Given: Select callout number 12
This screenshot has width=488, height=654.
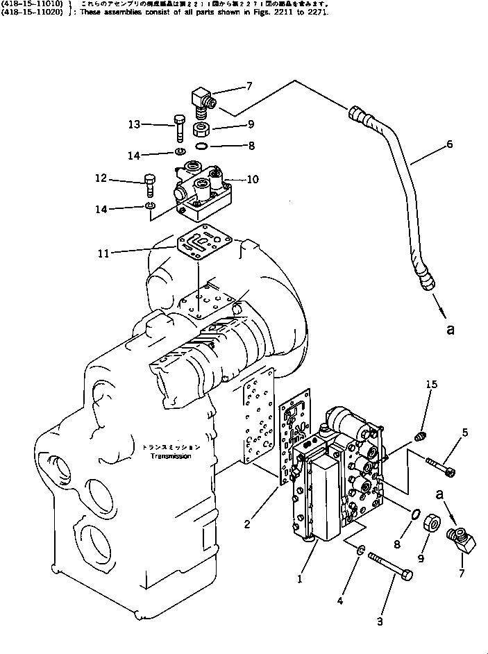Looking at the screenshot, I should [x=101, y=179].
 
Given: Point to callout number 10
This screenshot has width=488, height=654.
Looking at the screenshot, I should [x=253, y=179].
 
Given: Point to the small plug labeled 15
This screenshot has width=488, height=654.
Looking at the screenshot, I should [x=420, y=437].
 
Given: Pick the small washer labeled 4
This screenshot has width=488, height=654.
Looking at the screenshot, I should [x=361, y=551].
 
